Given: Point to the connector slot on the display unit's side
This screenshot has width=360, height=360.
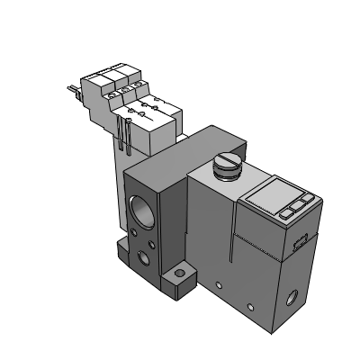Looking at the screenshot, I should pos(300,239).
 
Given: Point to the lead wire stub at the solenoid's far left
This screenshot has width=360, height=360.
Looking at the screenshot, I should pos(69,88).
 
